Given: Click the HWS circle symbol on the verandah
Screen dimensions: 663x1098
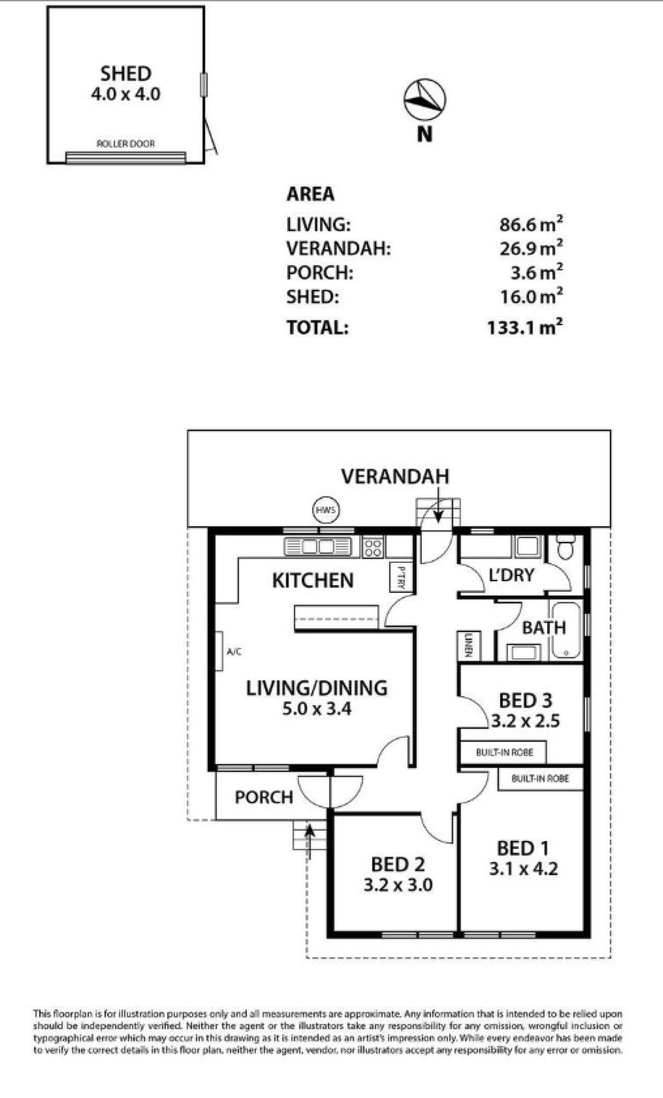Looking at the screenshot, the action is point(326,510).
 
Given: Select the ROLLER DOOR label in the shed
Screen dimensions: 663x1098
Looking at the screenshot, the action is point(126,143).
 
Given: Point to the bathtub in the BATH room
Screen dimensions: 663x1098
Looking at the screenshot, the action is point(566,630).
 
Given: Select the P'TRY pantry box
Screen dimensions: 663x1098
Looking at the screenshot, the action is point(401,577).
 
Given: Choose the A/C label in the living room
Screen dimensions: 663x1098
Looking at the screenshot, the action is point(234,651).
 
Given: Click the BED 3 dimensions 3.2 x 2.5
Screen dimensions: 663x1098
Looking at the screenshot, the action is point(525,721).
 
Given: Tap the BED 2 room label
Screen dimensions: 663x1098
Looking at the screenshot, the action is point(398,865).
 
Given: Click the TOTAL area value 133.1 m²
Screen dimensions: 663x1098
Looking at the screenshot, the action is point(525,327).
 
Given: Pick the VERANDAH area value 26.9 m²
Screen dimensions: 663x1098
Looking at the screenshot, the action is point(531,248).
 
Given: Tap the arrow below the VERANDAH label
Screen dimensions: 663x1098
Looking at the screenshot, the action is point(438,504).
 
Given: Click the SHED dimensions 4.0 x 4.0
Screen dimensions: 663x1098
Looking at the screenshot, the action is point(126,94).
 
